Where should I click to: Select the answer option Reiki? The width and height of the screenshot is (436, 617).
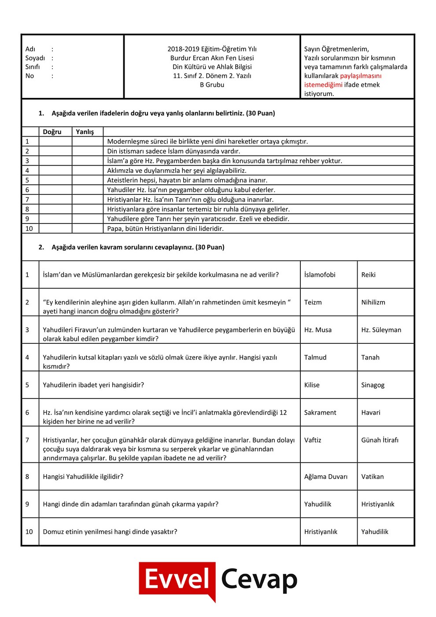pyautogui.click(x=368, y=275)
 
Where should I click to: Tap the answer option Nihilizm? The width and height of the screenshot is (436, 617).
pyautogui.click(x=373, y=302)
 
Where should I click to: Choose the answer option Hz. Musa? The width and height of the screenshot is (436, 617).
pyautogui.click(x=318, y=330)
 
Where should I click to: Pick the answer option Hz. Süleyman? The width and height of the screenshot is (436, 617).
pyautogui.click(x=381, y=330)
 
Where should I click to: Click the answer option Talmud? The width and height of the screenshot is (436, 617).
pyautogui.click(x=315, y=357)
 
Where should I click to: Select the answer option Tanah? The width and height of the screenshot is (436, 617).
pyautogui.click(x=370, y=357)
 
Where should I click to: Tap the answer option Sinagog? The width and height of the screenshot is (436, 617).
pyautogui.click(x=373, y=385)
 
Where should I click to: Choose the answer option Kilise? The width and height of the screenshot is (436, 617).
pyautogui.click(x=312, y=385)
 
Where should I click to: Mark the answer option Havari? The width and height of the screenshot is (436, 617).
pyautogui.click(x=370, y=413)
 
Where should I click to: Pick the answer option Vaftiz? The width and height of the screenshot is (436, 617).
pyautogui.click(x=313, y=440)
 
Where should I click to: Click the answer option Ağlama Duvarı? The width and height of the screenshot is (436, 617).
pyautogui.click(x=326, y=476)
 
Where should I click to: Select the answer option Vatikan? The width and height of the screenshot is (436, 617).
pyautogui.click(x=372, y=476)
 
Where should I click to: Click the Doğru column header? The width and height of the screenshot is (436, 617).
pyautogui.click(x=52, y=132)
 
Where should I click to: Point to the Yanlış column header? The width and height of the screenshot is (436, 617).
pyautogui.click(x=85, y=132)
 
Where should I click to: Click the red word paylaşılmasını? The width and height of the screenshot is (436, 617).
pyautogui.click(x=361, y=76)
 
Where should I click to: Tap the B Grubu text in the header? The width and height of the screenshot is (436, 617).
pyautogui.click(x=212, y=85)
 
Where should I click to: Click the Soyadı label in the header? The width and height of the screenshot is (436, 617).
pyautogui.click(x=35, y=58)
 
